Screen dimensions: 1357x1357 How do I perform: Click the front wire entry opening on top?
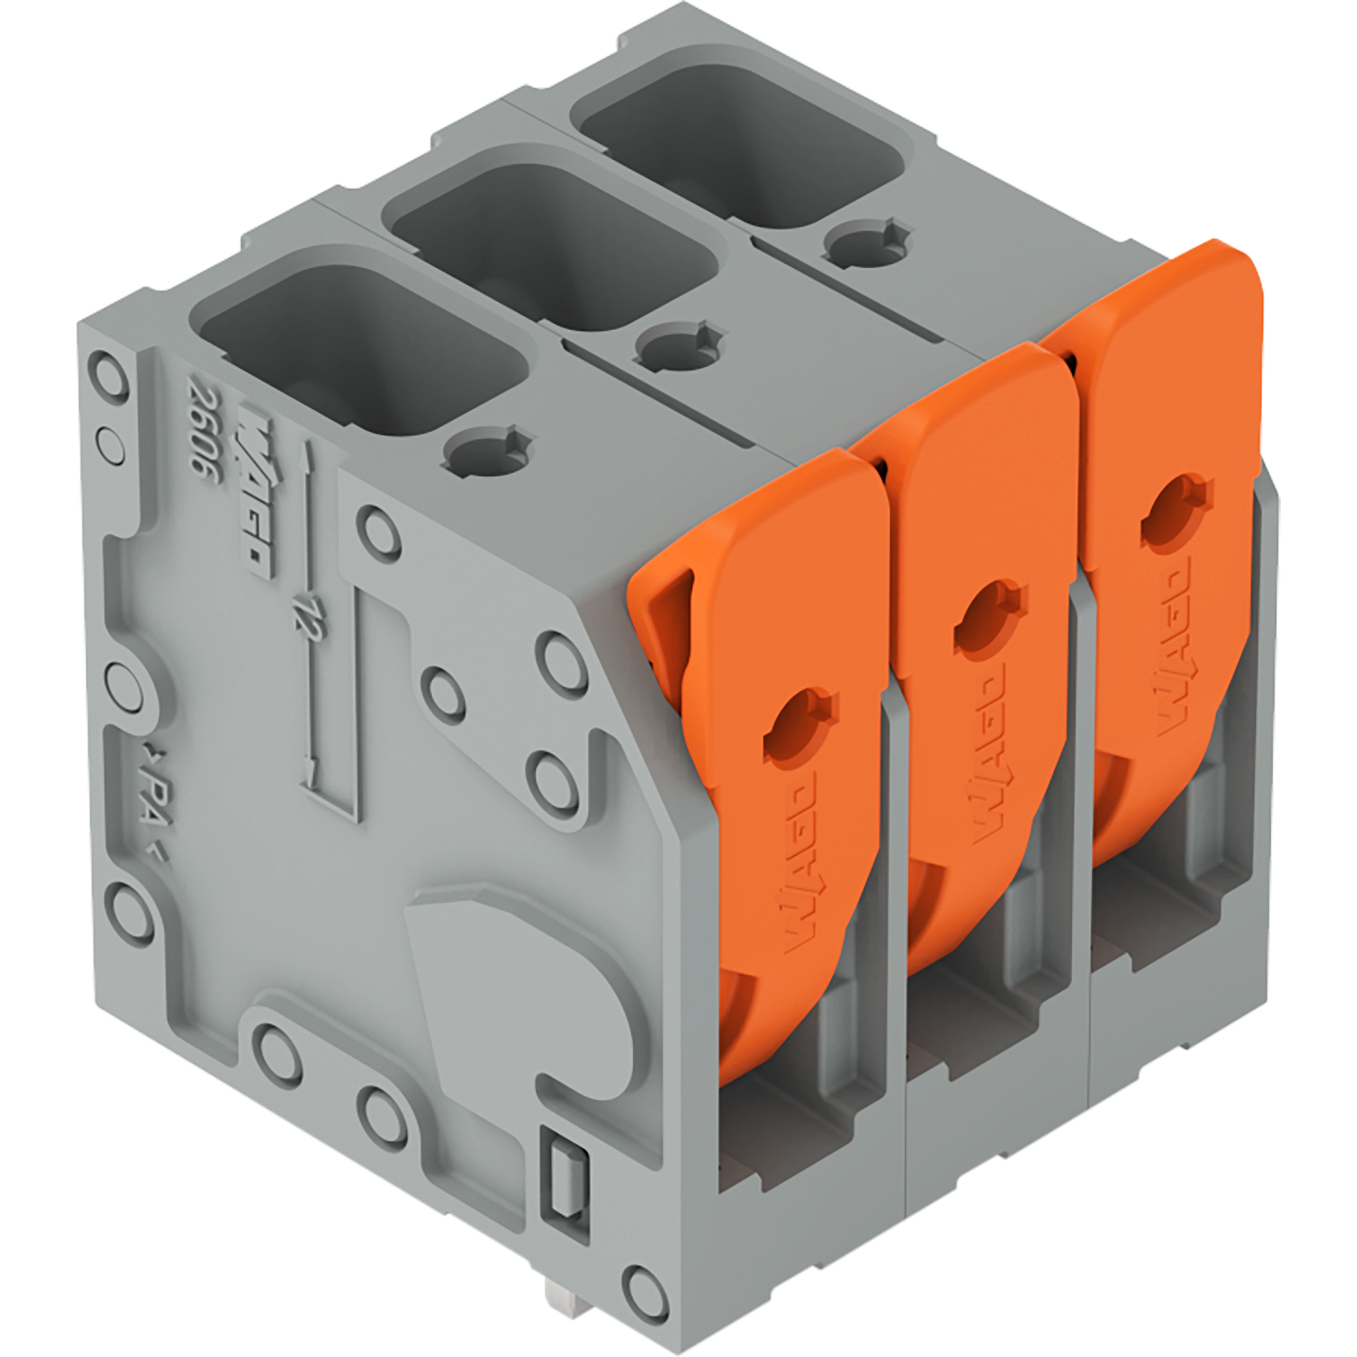click(x=362, y=348)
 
